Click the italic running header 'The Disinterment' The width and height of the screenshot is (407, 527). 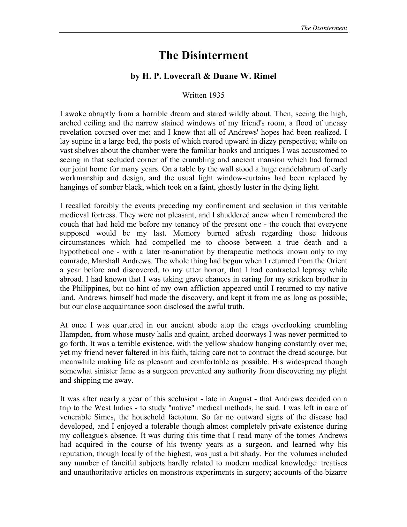(324, 28)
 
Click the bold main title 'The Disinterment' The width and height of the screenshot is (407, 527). (203, 55)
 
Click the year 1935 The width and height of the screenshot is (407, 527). (217, 95)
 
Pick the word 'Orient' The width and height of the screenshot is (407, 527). (336, 261)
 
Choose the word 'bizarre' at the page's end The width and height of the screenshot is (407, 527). (335, 472)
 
